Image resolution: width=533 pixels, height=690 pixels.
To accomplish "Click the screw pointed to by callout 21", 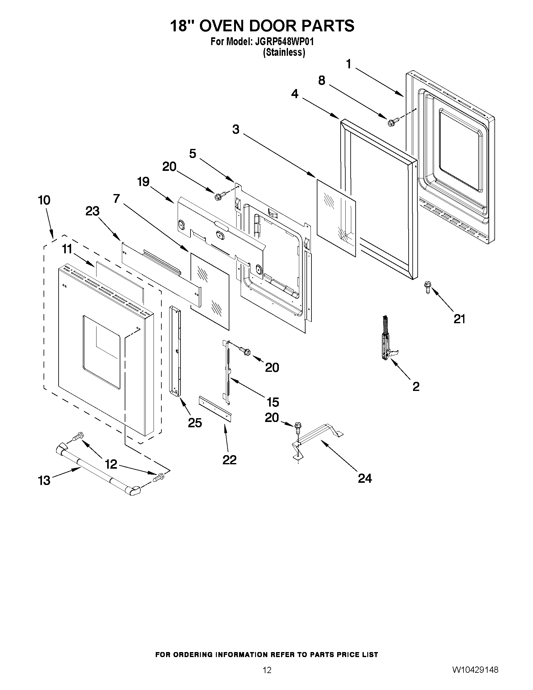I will pos(427,287).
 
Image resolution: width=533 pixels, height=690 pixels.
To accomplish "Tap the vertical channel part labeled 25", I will pos(175,351).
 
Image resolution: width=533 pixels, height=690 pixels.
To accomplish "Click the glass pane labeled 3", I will pos(336,217).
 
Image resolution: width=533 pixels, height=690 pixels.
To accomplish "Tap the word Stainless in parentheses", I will pos(284,52).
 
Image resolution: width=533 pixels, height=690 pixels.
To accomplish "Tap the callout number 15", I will pos(273,402).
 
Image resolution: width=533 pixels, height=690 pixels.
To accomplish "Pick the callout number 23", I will pos(92,211).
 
